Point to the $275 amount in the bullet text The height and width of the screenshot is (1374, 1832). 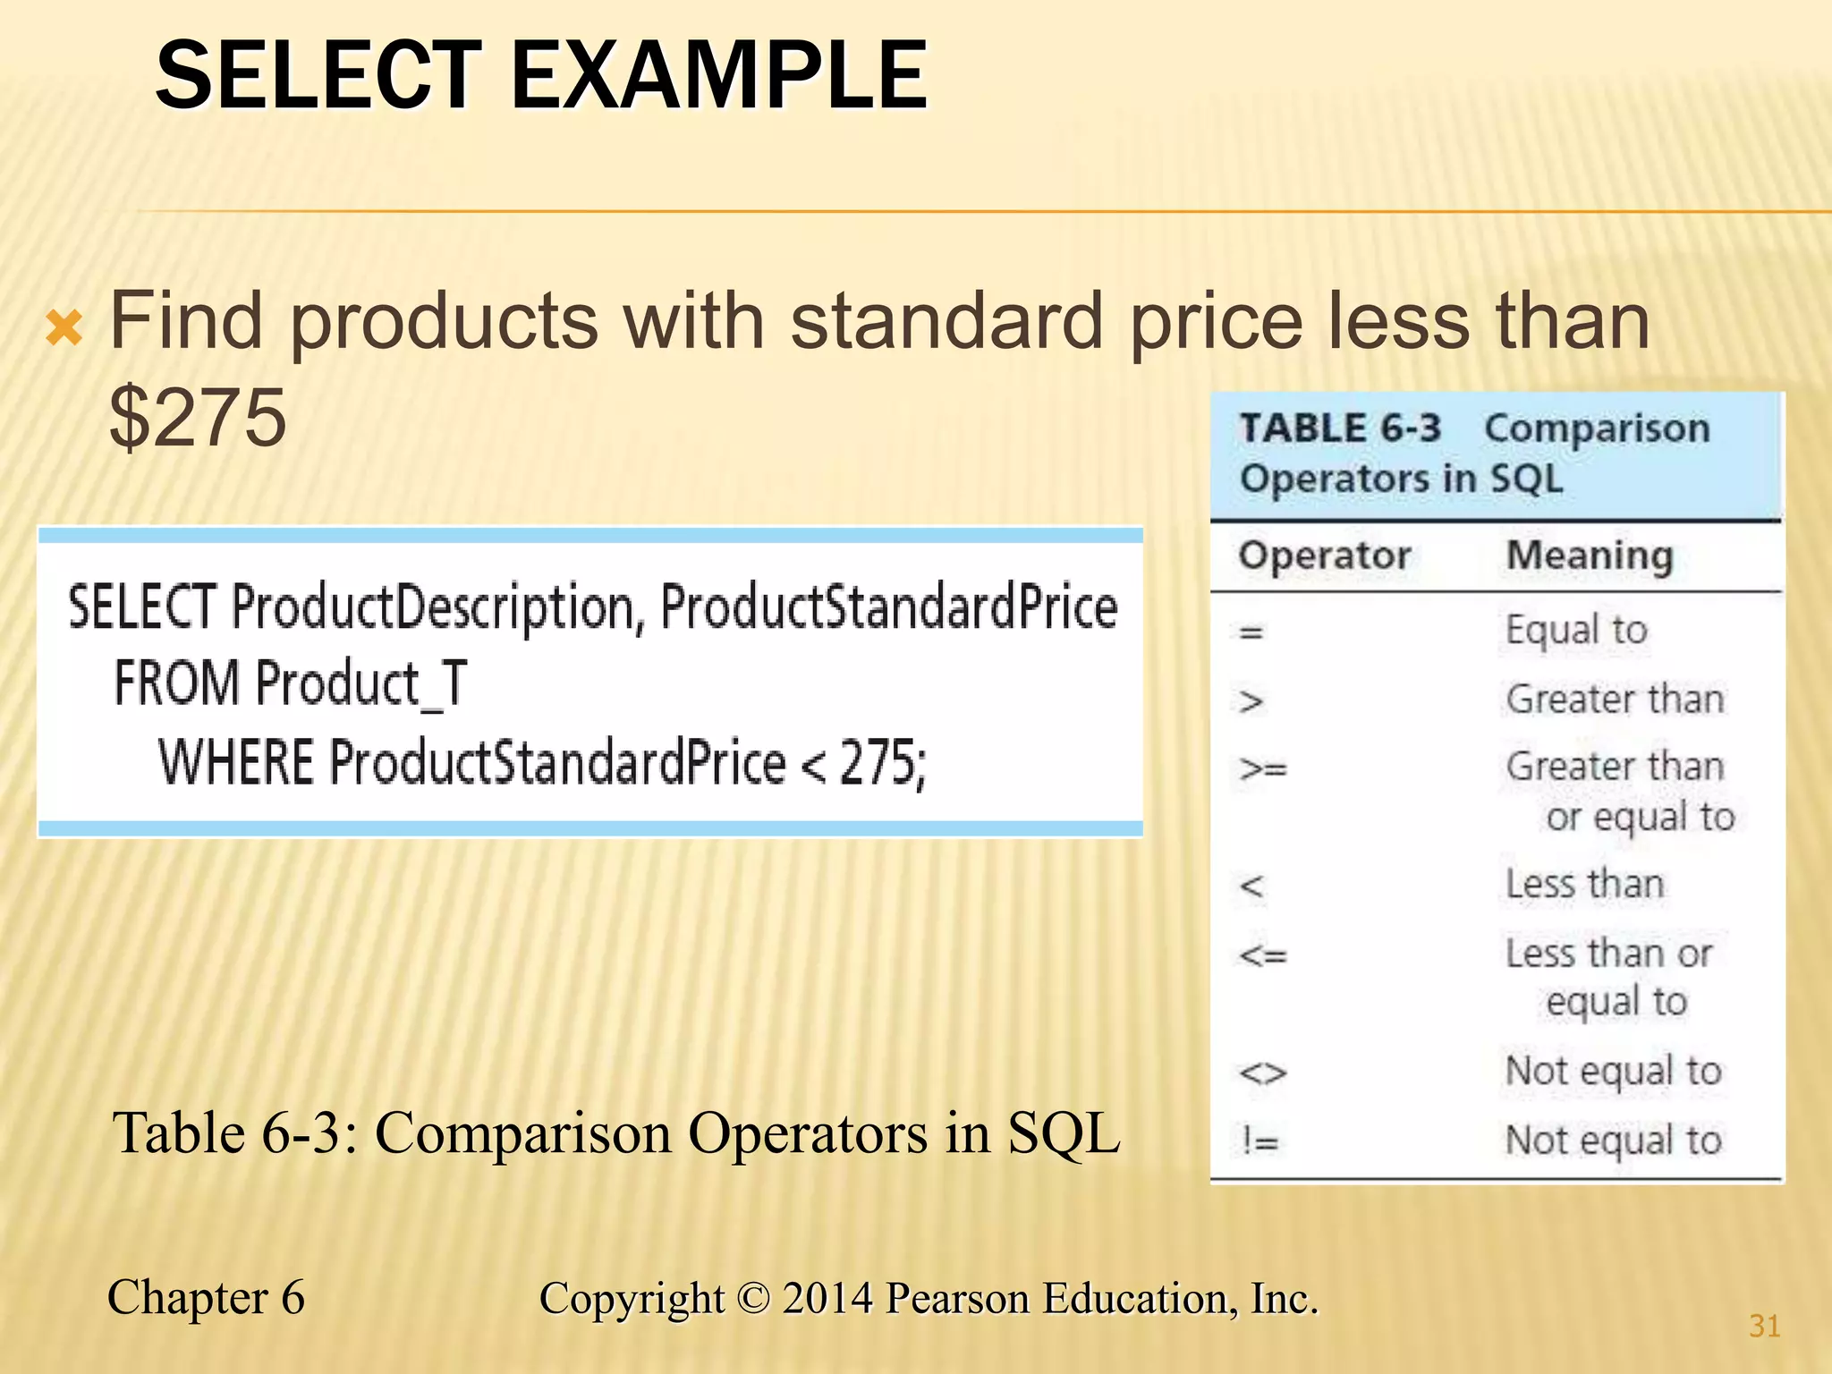click(198, 417)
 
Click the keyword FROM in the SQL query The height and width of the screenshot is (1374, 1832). click(176, 683)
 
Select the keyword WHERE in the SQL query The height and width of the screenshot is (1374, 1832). click(235, 762)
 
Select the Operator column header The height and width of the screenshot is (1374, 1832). click(1324, 556)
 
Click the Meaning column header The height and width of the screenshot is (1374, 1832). click(1590, 556)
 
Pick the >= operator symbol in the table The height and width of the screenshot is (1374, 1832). click(1262, 768)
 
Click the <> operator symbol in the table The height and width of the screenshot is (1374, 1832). click(1262, 1072)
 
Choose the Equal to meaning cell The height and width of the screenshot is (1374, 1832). click(1576, 630)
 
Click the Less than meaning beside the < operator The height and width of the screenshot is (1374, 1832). click(1584, 885)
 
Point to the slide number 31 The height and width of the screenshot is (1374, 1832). click(1764, 1326)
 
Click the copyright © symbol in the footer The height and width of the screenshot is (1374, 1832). click(754, 1299)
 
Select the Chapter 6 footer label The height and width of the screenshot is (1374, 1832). click(206, 1297)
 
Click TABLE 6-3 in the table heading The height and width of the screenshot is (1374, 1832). click(1339, 428)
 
